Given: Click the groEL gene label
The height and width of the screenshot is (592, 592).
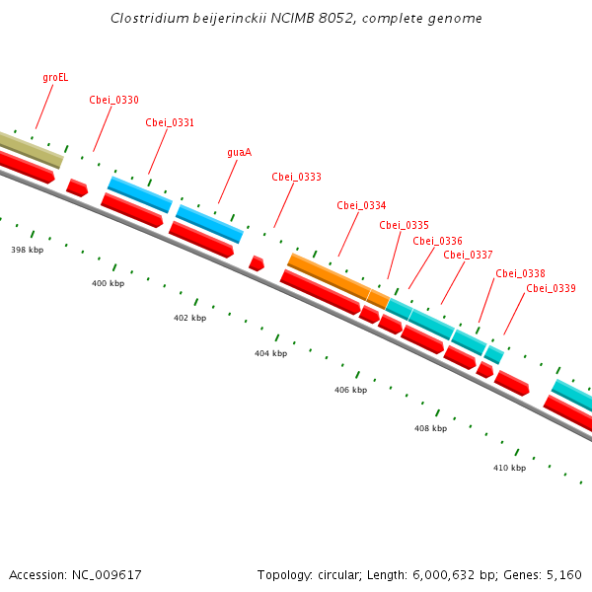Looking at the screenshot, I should [x=55, y=77].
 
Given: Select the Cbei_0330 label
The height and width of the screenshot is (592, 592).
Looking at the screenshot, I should [x=113, y=100].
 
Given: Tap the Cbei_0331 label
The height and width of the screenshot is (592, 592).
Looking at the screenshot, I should [x=170, y=122].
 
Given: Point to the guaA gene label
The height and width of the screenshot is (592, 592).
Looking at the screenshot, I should [x=239, y=152].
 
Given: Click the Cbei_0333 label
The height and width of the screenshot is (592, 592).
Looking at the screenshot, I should [x=296, y=177].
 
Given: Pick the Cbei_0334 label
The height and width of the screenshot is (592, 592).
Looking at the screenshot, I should [x=361, y=205].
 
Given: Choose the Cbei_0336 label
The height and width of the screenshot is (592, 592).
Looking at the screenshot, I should [x=437, y=241].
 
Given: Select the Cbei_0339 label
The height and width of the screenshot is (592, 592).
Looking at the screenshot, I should [x=551, y=288].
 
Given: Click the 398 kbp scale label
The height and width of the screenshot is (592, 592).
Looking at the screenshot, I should [x=28, y=250].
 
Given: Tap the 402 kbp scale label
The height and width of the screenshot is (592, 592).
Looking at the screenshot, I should [x=189, y=318].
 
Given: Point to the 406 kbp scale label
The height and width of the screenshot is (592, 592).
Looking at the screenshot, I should [x=350, y=390].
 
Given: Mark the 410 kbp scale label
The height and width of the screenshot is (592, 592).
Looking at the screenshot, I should [x=509, y=467].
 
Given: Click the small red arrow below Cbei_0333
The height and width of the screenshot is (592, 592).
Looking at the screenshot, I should [x=257, y=263].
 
